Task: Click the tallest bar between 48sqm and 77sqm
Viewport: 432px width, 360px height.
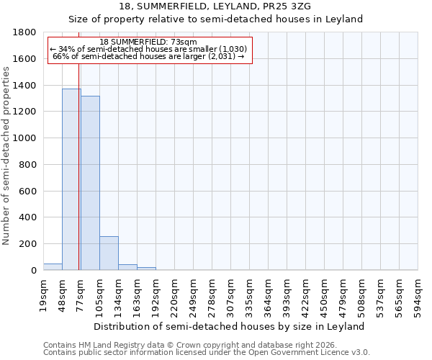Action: pyautogui.click(x=71, y=179)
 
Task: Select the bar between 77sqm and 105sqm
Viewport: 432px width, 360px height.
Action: pyautogui.click(x=90, y=183)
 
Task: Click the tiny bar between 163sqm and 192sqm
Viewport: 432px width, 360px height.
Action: pyautogui.click(x=146, y=269)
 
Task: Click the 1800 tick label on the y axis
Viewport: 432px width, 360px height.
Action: pyautogui.click(x=25, y=32)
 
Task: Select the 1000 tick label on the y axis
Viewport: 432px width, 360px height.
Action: pyautogui.click(x=25, y=138)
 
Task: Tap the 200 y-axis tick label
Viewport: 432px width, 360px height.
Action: pyautogui.click(x=28, y=244)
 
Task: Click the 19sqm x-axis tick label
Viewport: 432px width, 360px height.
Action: pyautogui.click(x=44, y=294)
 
